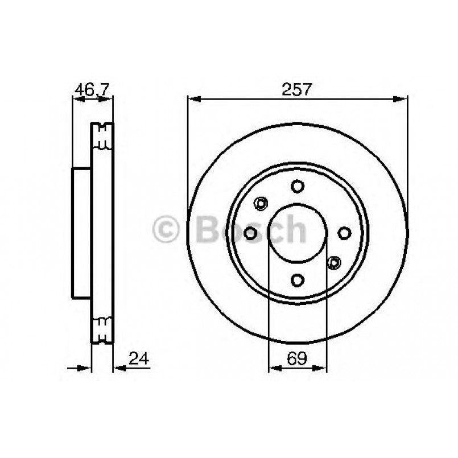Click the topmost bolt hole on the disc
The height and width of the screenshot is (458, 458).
coord(297,186)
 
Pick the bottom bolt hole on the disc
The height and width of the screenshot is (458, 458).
coord(297,279)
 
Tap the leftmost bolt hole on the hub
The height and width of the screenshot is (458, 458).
coord(250,233)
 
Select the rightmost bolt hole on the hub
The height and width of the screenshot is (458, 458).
coord(344,233)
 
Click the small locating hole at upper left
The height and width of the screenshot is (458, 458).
coord(261,203)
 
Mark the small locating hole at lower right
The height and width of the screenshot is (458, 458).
coord(334,262)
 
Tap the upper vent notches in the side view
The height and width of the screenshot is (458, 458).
coord(103,137)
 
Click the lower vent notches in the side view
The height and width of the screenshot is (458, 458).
coord(103,329)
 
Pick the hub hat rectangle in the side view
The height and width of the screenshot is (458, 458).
coord(81,233)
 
